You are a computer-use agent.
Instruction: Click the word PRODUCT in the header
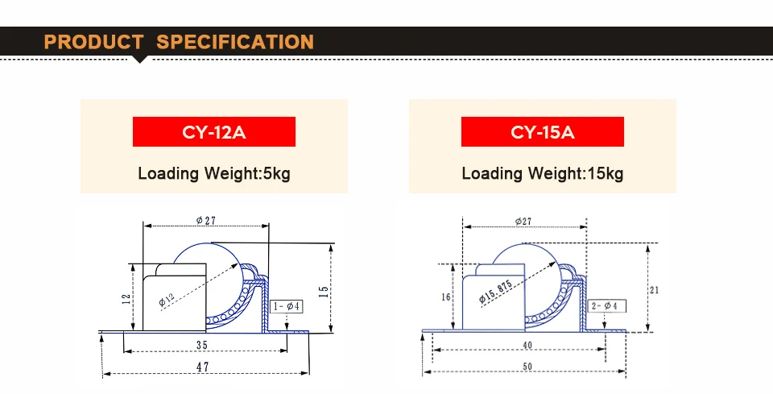(93, 42)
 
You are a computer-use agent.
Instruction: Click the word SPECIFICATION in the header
(235, 42)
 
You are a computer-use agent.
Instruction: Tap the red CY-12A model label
(214, 131)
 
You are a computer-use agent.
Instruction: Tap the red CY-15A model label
(542, 131)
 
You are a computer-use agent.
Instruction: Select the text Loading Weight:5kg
(214, 173)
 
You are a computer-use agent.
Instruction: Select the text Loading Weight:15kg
(542, 173)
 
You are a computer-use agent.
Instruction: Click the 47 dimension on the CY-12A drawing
(203, 367)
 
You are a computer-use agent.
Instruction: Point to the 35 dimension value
(202, 345)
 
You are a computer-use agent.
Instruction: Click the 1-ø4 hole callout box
(287, 306)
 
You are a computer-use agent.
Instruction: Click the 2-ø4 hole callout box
(606, 305)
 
